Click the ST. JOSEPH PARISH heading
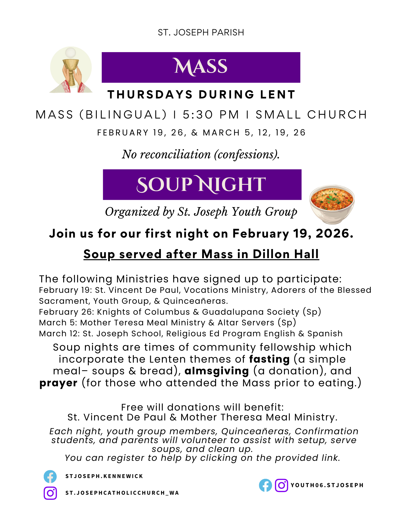pos(201,32)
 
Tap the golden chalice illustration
pos(71,70)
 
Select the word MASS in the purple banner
pos(201,67)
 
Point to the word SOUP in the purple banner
pos(164,184)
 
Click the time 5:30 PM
pos(211,115)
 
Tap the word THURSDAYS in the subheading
pos(150,95)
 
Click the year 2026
pos(333,233)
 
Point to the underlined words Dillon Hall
pos(286,254)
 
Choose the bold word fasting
pos(269,359)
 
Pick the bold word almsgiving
pos(217,371)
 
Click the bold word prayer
pos(58,383)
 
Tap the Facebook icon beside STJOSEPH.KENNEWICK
pos(50,476)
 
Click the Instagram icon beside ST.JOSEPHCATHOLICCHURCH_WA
pos(50,493)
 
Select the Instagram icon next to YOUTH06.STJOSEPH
pos(281,485)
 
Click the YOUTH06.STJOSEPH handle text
pos(327,485)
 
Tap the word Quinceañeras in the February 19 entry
pos(195,301)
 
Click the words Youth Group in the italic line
pos(264,212)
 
